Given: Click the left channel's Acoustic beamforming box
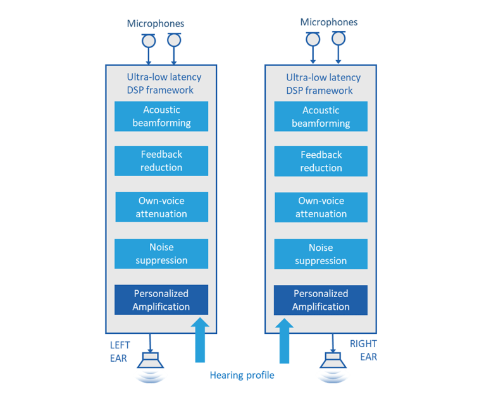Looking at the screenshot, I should pyautogui.click(x=161, y=117).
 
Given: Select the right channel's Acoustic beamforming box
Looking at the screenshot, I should pyautogui.click(x=321, y=117).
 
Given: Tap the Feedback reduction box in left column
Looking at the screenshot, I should pyautogui.click(x=161, y=161).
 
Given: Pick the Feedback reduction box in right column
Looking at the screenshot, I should pyautogui.click(x=321, y=162).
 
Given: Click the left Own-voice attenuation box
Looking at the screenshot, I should pyautogui.click(x=161, y=207).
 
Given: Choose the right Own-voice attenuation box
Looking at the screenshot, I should pyautogui.click(x=321, y=207).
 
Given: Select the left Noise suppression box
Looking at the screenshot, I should pyautogui.click(x=161, y=253).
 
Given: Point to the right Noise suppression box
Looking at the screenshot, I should pyautogui.click(x=321, y=254).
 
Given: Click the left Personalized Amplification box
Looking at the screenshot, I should pyautogui.click(x=161, y=300).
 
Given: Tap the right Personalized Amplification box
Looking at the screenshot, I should pyautogui.click(x=321, y=300).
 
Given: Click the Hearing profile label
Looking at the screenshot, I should pyautogui.click(x=242, y=375).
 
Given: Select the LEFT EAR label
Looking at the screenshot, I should pyautogui.click(x=120, y=352).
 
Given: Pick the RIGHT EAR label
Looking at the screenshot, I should pyautogui.click(x=363, y=350).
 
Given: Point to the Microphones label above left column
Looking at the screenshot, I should pyautogui.click(x=156, y=23).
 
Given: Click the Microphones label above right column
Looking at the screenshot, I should pyautogui.click(x=328, y=22).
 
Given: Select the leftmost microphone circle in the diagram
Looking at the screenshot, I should pyautogui.click(x=149, y=41).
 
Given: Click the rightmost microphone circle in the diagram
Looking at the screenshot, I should pyautogui.click(x=338, y=39).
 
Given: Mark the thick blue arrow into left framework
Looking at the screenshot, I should pyautogui.click(x=200, y=340).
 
